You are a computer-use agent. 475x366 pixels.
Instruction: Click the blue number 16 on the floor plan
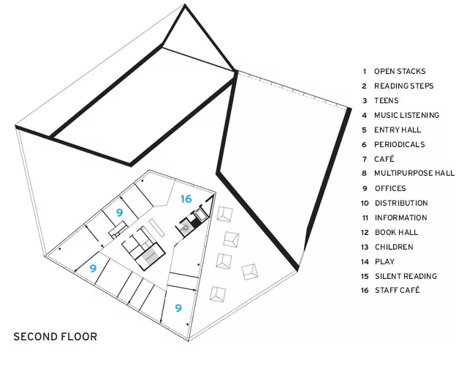point(186,199)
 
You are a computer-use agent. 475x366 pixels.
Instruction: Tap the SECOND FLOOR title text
point(56,337)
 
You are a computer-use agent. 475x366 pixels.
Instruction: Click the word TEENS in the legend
point(387,100)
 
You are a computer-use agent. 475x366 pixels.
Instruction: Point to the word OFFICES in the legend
point(390,188)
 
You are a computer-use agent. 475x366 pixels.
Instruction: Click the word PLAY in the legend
point(384,261)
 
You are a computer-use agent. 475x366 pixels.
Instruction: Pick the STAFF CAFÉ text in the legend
point(397,290)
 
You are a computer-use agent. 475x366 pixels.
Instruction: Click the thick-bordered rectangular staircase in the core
point(150,256)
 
